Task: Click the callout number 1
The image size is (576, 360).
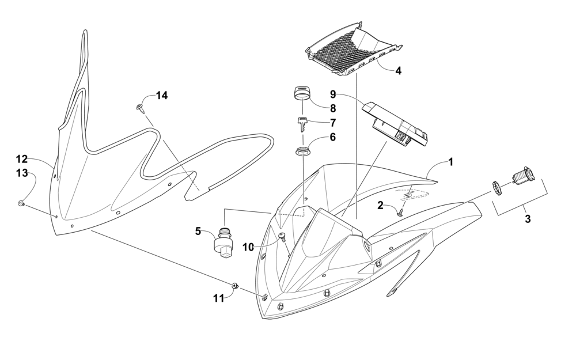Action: coord(451,162)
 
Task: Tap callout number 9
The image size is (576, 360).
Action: coord(332,93)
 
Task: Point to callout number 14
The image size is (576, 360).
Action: coord(162,96)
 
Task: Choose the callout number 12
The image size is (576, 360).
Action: coord(21,159)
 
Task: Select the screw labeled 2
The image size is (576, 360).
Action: coord(400,213)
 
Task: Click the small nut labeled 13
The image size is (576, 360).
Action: coord(20,203)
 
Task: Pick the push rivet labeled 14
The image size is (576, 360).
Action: coord(141,108)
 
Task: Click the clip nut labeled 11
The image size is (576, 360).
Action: coord(235,285)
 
